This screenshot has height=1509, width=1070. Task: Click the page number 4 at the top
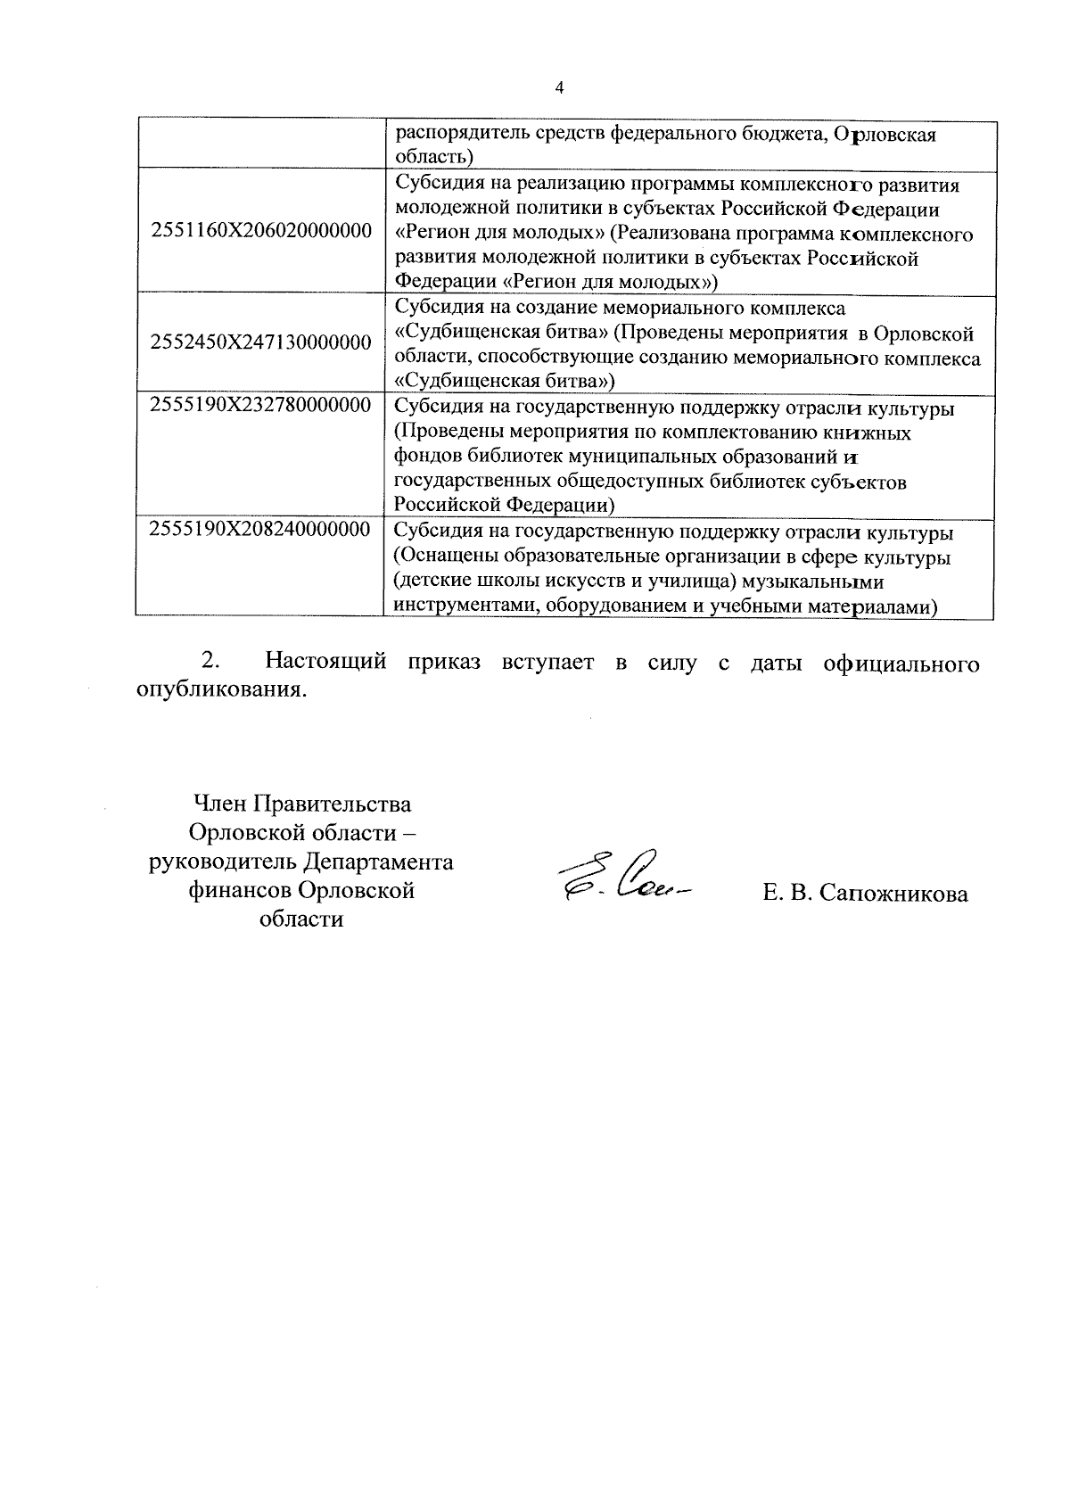[x=559, y=87]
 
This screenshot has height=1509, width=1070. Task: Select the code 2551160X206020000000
[x=261, y=231]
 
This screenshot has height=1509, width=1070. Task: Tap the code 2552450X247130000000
[x=261, y=342]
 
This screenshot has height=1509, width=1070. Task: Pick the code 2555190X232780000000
[x=261, y=405]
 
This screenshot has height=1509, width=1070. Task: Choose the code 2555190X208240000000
[x=261, y=529]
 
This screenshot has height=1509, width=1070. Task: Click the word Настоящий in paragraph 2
[x=326, y=663]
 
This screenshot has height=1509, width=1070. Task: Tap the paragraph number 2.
[x=210, y=663]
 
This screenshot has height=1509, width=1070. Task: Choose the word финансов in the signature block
[x=240, y=890]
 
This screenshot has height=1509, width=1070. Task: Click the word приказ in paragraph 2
[x=447, y=663]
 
